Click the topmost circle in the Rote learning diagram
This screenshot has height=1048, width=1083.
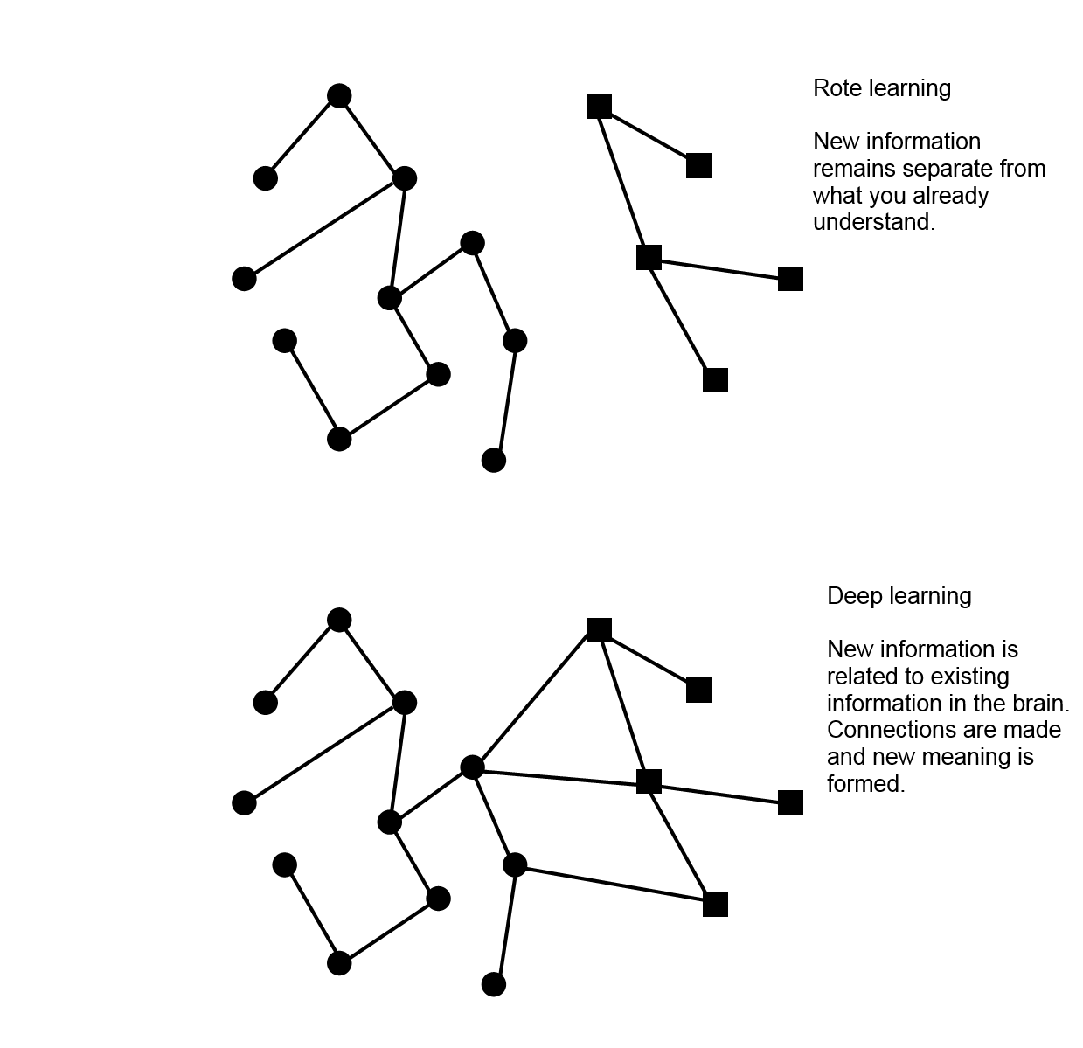339,96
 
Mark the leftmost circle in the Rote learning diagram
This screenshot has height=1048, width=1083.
245,278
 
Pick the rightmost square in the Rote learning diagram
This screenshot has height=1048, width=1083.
790,278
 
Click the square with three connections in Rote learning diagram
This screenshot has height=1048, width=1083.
649,257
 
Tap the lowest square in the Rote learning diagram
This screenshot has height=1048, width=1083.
716,380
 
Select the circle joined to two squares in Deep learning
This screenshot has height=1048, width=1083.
473,767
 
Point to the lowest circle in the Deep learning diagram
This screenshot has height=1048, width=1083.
494,984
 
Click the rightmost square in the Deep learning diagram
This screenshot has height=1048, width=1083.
790,802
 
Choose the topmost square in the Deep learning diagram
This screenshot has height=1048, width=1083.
600,630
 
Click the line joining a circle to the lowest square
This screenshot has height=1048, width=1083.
615,885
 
